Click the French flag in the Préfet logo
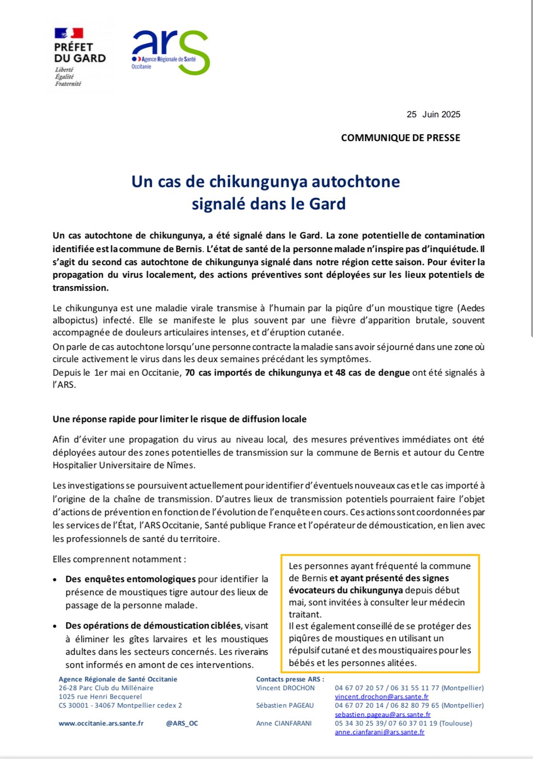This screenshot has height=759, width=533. pyautogui.click(x=68, y=33)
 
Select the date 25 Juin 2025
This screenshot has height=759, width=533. pyautogui.click(x=433, y=114)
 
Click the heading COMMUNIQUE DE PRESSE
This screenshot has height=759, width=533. pyautogui.click(x=400, y=138)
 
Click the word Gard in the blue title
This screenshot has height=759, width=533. pyautogui.click(x=327, y=204)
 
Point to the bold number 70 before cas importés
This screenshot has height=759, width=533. pyautogui.click(x=190, y=373)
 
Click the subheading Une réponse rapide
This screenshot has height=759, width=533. pyautogui.click(x=179, y=419)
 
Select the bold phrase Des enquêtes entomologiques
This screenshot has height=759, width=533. pyautogui.click(x=130, y=579)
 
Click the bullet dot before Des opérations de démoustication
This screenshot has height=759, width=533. pyautogui.click(x=56, y=626)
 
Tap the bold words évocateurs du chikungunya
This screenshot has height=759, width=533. pyautogui.click(x=346, y=590)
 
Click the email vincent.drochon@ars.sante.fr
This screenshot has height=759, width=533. pyautogui.click(x=381, y=696)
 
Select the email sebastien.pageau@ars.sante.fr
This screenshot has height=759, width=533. pyautogui.click(x=382, y=714)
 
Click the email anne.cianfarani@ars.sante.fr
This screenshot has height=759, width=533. pyautogui.click(x=379, y=732)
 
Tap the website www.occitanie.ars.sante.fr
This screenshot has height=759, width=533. pyautogui.click(x=101, y=723)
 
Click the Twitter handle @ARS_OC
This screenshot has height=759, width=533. pyautogui.click(x=182, y=723)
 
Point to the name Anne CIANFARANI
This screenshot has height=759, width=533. pyautogui.click(x=284, y=723)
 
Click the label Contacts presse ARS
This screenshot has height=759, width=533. pyautogui.click(x=290, y=679)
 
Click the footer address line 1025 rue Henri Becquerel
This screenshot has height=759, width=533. pyautogui.click(x=100, y=696)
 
